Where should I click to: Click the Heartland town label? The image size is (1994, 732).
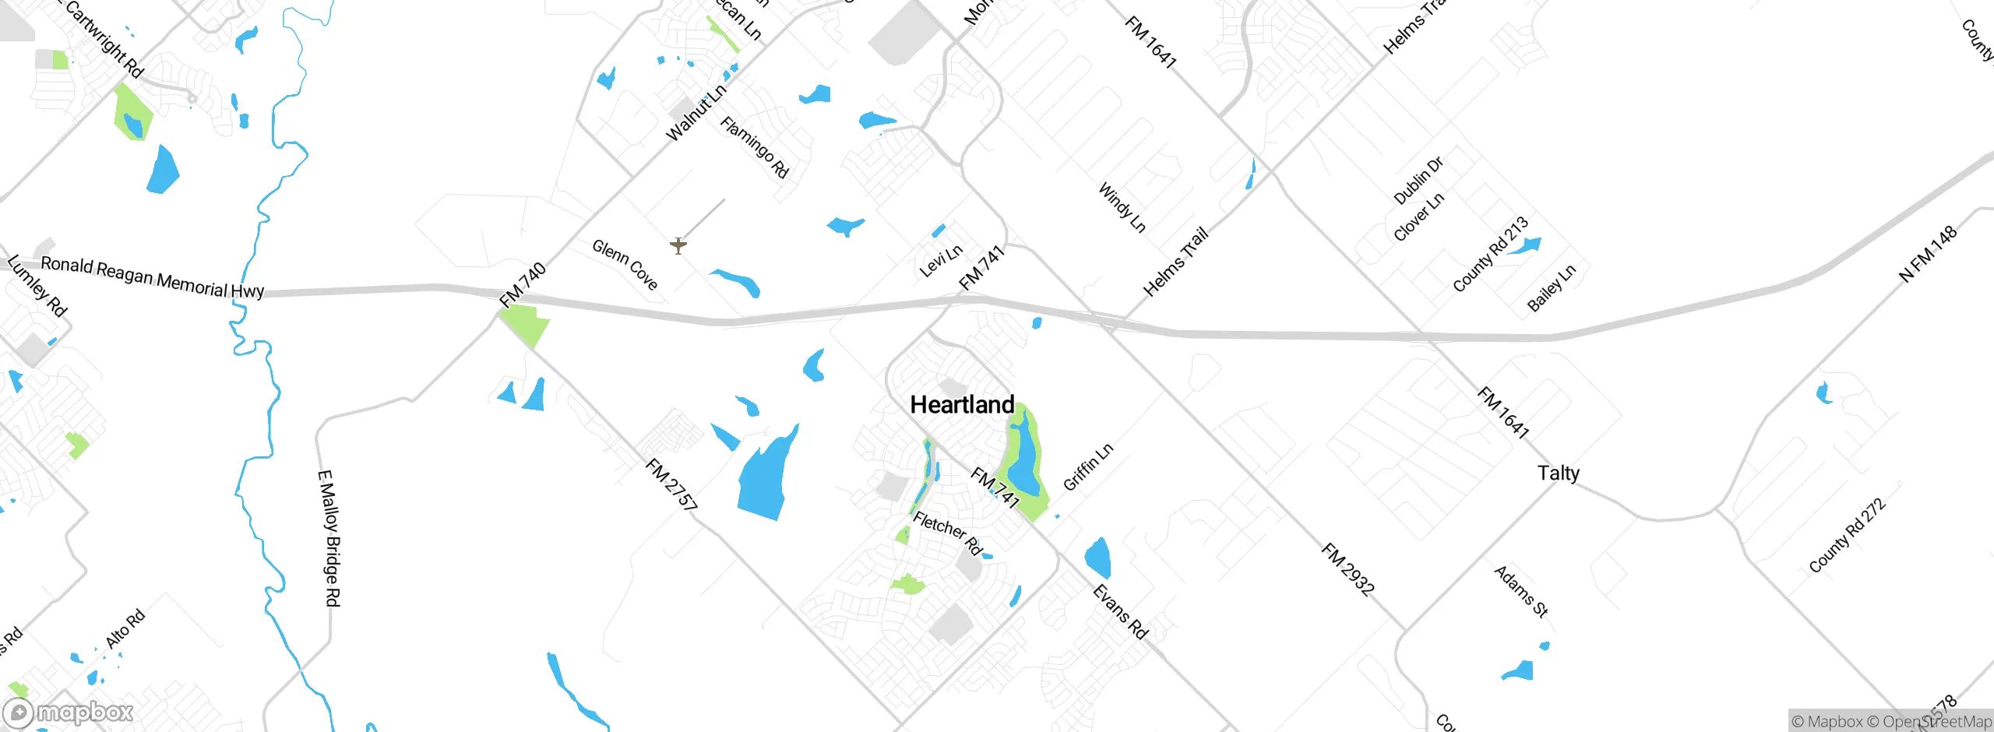click(962, 405)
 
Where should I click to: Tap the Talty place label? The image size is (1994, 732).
click(1558, 473)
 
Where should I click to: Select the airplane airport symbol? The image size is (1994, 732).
click(678, 246)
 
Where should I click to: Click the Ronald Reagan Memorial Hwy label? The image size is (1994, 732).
click(152, 277)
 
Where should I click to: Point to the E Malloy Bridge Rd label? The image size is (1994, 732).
click(330, 538)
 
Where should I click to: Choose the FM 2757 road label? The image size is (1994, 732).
click(671, 484)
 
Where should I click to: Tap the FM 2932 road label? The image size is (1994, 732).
click(1348, 569)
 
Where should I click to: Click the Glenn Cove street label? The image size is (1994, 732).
click(625, 264)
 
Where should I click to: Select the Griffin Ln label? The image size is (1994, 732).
click(1088, 466)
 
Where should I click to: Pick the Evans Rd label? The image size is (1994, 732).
click(1120, 611)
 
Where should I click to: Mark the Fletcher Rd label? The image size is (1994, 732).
click(947, 533)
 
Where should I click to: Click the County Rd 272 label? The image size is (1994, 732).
click(1847, 536)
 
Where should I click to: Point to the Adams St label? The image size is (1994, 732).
click(1520, 591)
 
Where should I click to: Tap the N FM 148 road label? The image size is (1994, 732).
click(1928, 254)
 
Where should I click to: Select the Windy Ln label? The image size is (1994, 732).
click(1122, 207)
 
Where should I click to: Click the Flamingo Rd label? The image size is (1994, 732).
click(754, 147)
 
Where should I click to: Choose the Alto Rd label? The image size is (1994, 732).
click(125, 628)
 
